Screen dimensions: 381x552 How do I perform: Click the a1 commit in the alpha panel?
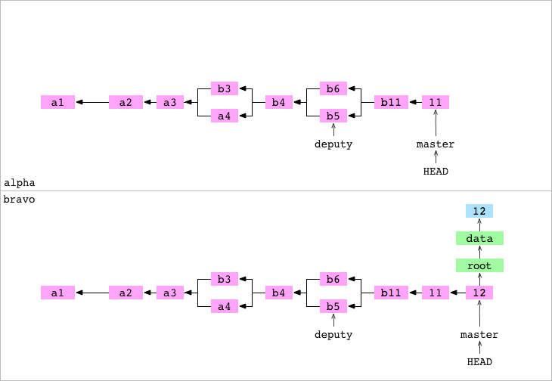pyautogui.click(x=57, y=102)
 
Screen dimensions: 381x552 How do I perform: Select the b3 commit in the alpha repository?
pyautogui.click(x=224, y=88)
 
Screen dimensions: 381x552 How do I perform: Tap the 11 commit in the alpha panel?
pyautogui.click(x=436, y=102)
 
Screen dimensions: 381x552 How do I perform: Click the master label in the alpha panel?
pyautogui.click(x=436, y=144)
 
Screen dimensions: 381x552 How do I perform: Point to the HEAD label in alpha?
pyautogui.click(x=436, y=171)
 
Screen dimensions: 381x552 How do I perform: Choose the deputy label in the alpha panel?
pyautogui.click(x=333, y=144)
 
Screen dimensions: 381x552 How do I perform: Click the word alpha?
pyautogui.click(x=20, y=183)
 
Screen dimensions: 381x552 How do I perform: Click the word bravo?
pyautogui.click(x=20, y=200)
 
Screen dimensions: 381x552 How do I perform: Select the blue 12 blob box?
pyautogui.click(x=479, y=211)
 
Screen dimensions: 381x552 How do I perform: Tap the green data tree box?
pyautogui.click(x=479, y=238)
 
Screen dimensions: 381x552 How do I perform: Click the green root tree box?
pyautogui.click(x=479, y=265)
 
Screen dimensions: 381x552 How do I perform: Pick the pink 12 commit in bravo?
pyautogui.click(x=479, y=293)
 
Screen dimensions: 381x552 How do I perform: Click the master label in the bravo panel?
pyautogui.click(x=479, y=334)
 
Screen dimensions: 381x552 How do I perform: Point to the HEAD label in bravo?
pyautogui.click(x=479, y=361)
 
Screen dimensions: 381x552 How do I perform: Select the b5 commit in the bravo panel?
pyautogui.click(x=333, y=306)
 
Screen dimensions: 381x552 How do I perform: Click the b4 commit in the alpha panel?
pyautogui.click(x=279, y=102)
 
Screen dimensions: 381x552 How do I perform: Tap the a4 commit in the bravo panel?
pyautogui.click(x=224, y=306)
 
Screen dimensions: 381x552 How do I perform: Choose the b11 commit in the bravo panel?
pyautogui.click(x=391, y=293)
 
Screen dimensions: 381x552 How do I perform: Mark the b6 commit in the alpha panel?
pyautogui.click(x=333, y=88)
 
